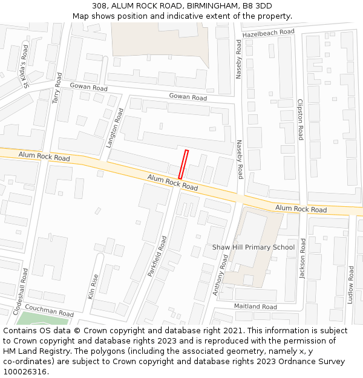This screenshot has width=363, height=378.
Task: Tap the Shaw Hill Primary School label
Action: [x=253, y=247]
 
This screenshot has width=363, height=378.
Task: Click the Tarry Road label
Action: [x=57, y=88]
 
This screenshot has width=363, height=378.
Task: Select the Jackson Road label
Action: [x=302, y=259]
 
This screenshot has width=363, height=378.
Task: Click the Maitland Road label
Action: [x=255, y=307]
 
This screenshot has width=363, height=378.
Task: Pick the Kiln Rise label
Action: [x=94, y=287]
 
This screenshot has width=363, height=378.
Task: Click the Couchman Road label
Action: [x=49, y=311]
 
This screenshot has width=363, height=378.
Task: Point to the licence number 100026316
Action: [x=25, y=372]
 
